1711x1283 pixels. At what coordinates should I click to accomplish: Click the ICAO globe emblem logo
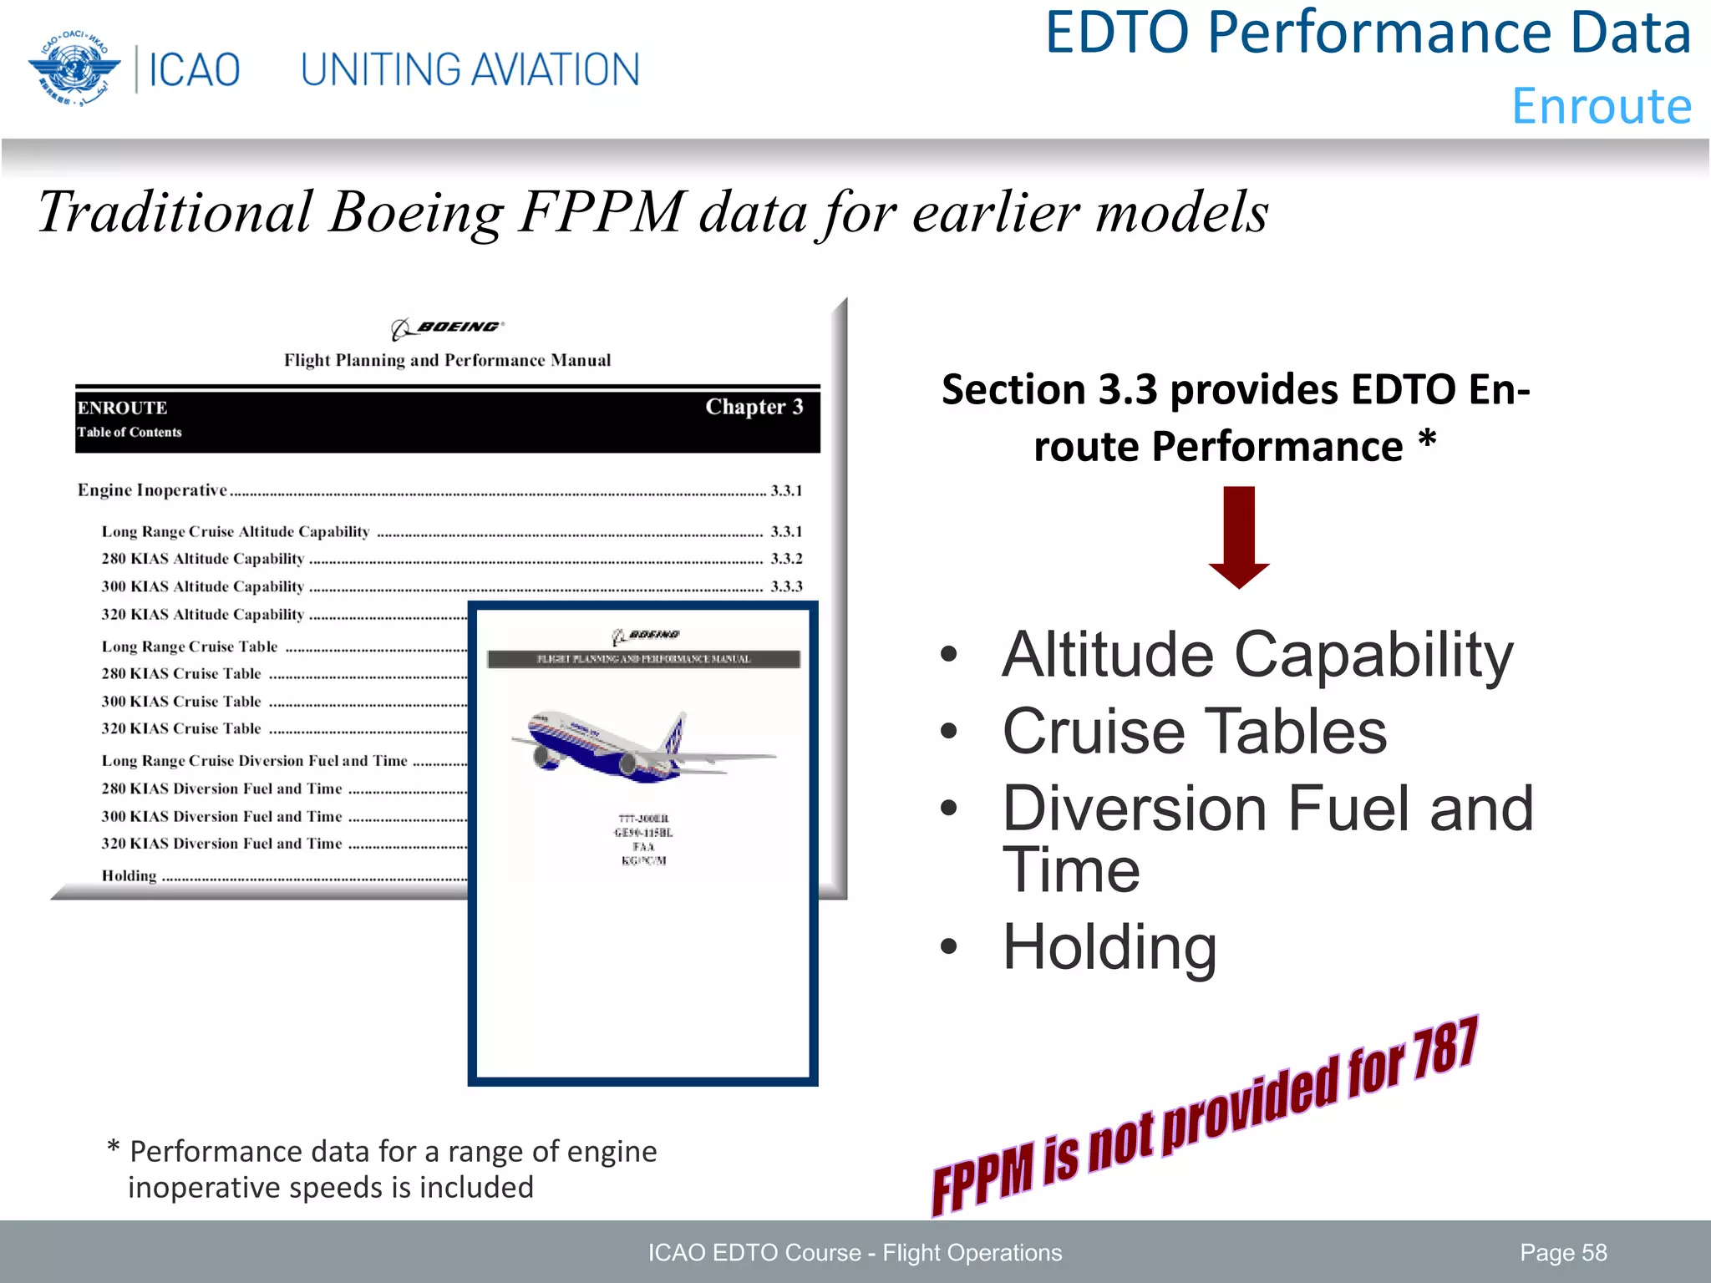pyautogui.click(x=72, y=68)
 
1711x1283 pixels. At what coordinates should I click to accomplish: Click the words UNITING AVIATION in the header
pyautogui.click(x=470, y=70)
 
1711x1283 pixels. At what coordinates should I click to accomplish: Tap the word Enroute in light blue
pyautogui.click(x=1602, y=106)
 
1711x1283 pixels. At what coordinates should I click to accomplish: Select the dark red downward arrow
pyautogui.click(x=1239, y=536)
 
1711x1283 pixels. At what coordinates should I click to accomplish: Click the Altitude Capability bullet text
pyautogui.click(x=1257, y=655)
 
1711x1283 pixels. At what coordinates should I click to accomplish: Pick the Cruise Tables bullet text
pyautogui.click(x=1195, y=732)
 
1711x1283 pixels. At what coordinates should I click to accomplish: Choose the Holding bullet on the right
pyautogui.click(x=1109, y=947)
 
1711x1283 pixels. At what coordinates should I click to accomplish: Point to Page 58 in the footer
pyautogui.click(x=1563, y=1253)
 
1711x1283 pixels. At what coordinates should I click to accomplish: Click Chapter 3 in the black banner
pyautogui.click(x=754, y=408)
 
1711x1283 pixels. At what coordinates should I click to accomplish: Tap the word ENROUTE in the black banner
pyautogui.click(x=123, y=408)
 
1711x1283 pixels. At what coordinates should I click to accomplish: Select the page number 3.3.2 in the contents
pyautogui.click(x=786, y=559)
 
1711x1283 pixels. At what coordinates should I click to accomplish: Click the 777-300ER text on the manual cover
pyautogui.click(x=643, y=819)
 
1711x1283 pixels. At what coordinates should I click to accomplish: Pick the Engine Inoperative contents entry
pyautogui.click(x=152, y=490)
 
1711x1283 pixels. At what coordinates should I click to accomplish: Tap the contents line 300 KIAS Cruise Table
pyautogui.click(x=181, y=702)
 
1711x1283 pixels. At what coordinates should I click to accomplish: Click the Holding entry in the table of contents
pyautogui.click(x=129, y=876)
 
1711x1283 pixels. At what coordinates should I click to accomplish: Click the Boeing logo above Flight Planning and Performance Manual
pyautogui.click(x=448, y=327)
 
